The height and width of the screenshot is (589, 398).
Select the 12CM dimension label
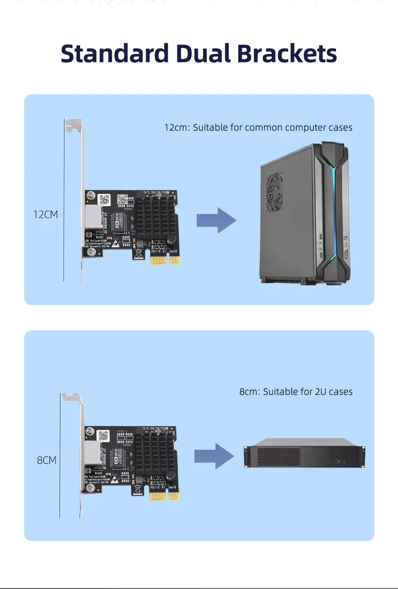pos(45,214)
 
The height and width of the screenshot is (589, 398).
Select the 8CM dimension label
pos(46,460)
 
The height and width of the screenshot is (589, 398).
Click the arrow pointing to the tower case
pos(216,220)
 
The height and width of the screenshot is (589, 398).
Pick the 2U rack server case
pos(304,456)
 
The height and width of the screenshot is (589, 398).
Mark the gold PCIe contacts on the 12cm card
pos(165,259)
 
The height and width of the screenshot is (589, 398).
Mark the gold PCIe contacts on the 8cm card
pos(165,495)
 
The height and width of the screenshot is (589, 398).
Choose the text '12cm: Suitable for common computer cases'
pos(258,127)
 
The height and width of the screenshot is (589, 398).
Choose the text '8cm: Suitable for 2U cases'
pos(296,391)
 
